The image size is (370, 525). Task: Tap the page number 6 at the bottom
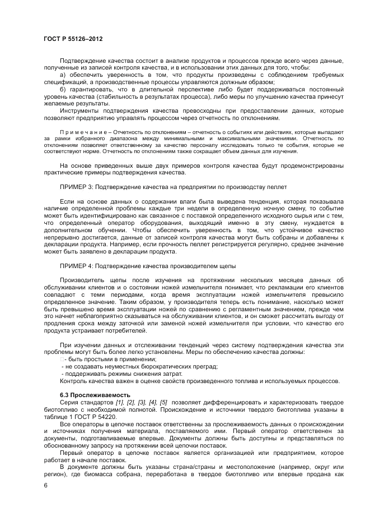pyautogui.click(x=45, y=486)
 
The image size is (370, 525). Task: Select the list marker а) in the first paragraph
pyautogui.click(x=62, y=75)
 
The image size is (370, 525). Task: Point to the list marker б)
pyautogui.click(x=62, y=89)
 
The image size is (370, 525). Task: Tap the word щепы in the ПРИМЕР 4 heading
pyautogui.click(x=227, y=265)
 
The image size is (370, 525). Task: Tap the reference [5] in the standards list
pyautogui.click(x=163, y=402)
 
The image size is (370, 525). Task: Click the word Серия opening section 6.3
pyautogui.click(x=69, y=402)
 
